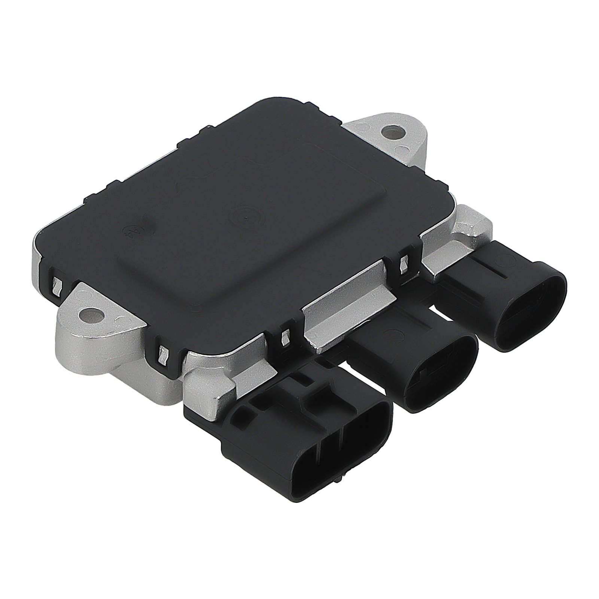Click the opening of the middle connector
442,378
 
